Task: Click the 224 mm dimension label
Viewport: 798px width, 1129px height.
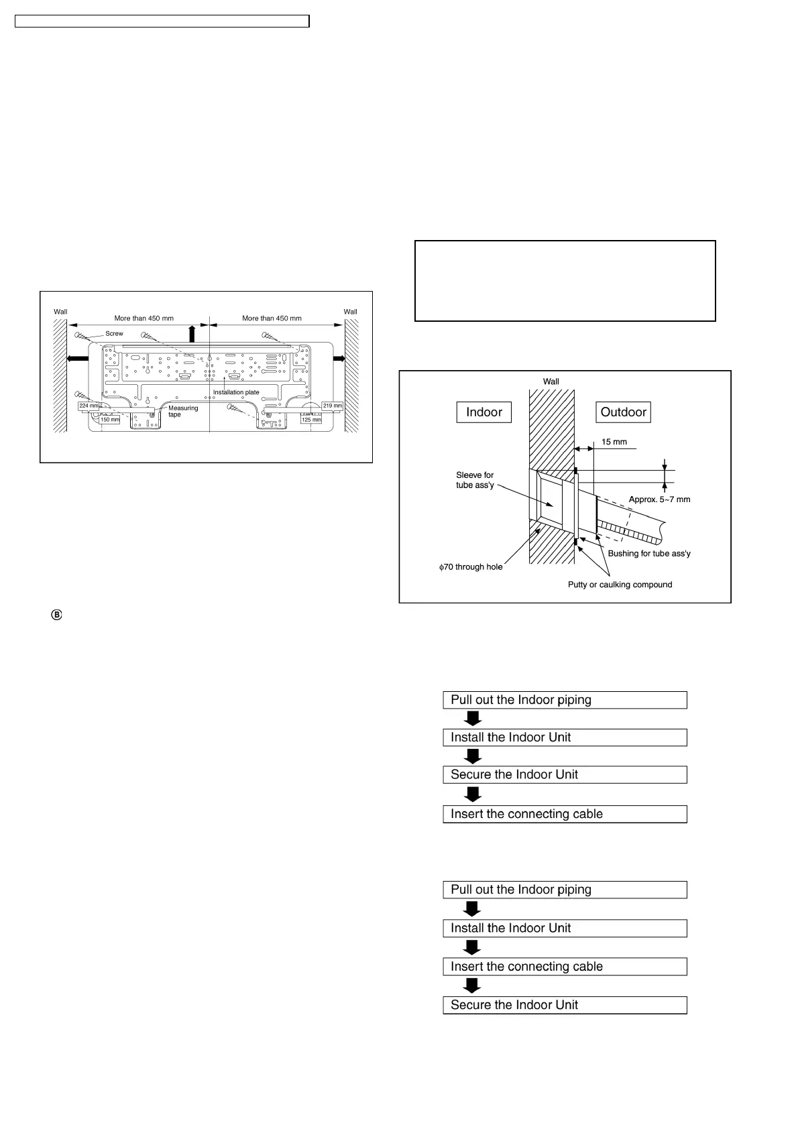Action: coord(89,406)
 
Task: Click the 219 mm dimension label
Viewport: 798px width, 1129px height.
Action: coord(332,406)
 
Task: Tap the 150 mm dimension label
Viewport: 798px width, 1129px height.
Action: coord(110,420)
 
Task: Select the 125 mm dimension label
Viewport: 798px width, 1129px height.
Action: coord(311,420)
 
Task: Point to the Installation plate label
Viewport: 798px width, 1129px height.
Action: coord(236,392)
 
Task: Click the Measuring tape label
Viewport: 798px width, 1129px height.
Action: coord(182,411)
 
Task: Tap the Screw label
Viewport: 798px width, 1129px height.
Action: coord(114,333)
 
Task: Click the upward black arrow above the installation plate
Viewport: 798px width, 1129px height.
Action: coord(192,333)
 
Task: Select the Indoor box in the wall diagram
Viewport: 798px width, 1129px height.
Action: coord(483,412)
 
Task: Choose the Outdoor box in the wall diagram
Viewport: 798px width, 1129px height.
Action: coord(623,412)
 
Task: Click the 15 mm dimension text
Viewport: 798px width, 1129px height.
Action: coord(614,442)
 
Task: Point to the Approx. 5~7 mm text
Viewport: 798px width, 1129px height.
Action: coord(659,499)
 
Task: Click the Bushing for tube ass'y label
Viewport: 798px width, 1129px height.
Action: coord(648,554)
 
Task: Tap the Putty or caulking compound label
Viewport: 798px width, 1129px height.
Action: coord(620,585)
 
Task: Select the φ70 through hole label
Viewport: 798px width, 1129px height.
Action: coord(471,567)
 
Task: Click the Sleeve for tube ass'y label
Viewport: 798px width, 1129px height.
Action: coord(475,480)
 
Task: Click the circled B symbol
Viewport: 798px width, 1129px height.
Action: coord(56,615)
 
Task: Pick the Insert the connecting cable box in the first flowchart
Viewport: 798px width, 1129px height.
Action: coord(565,814)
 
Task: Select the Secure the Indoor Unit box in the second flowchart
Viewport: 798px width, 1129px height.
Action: coord(565,1005)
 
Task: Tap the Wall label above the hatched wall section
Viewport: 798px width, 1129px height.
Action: coord(551,381)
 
